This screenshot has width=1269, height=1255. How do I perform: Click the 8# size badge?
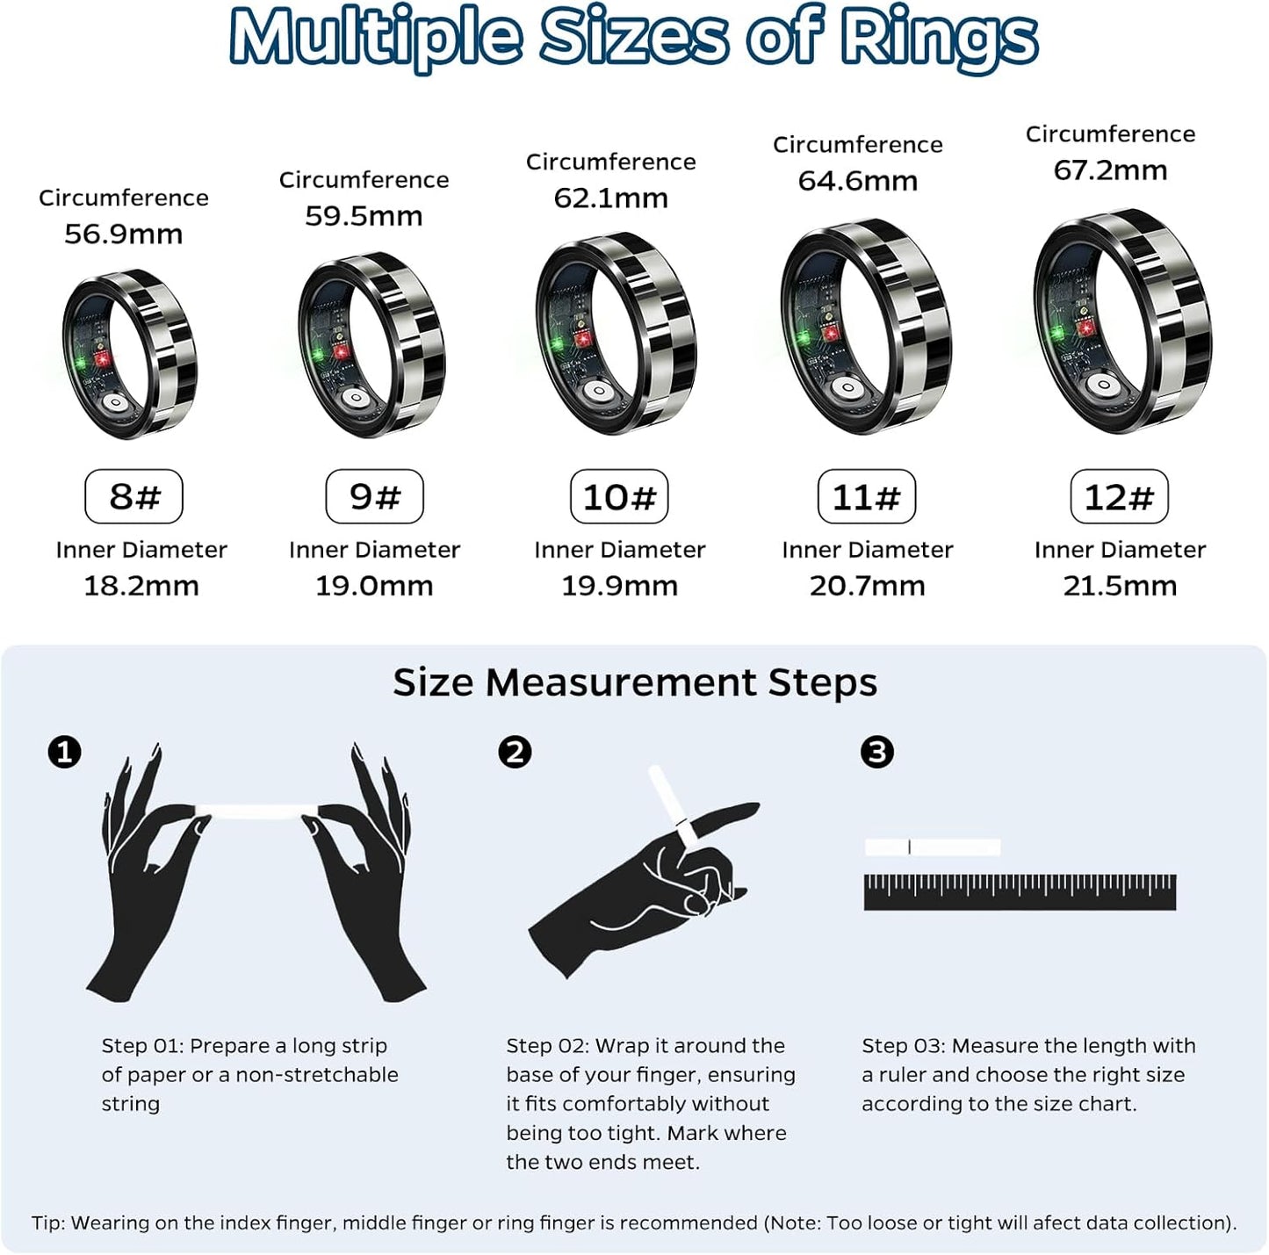click(x=133, y=497)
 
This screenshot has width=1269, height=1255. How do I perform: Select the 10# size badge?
click(x=619, y=497)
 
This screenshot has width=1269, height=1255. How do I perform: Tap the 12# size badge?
click(x=1118, y=497)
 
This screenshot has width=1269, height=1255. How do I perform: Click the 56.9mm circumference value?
click(x=124, y=234)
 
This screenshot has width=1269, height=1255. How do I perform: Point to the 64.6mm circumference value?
click(x=858, y=181)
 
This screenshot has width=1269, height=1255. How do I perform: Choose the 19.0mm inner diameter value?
click(x=374, y=586)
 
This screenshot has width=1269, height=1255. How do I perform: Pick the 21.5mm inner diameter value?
click(x=1120, y=586)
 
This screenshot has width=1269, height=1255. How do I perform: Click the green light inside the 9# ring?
click(x=318, y=356)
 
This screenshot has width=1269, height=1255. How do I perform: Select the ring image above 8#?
click(x=130, y=354)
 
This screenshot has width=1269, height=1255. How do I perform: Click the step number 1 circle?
click(x=64, y=753)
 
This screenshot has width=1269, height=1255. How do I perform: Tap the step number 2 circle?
click(x=515, y=753)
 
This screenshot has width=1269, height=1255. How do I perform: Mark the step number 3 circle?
click(x=876, y=753)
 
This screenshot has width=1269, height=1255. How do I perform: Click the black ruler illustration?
click(x=1020, y=892)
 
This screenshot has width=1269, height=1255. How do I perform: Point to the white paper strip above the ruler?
click(x=932, y=847)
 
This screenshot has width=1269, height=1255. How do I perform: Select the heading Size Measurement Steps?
click(x=634, y=682)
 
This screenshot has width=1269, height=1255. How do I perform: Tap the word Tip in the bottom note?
click(x=47, y=1223)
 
